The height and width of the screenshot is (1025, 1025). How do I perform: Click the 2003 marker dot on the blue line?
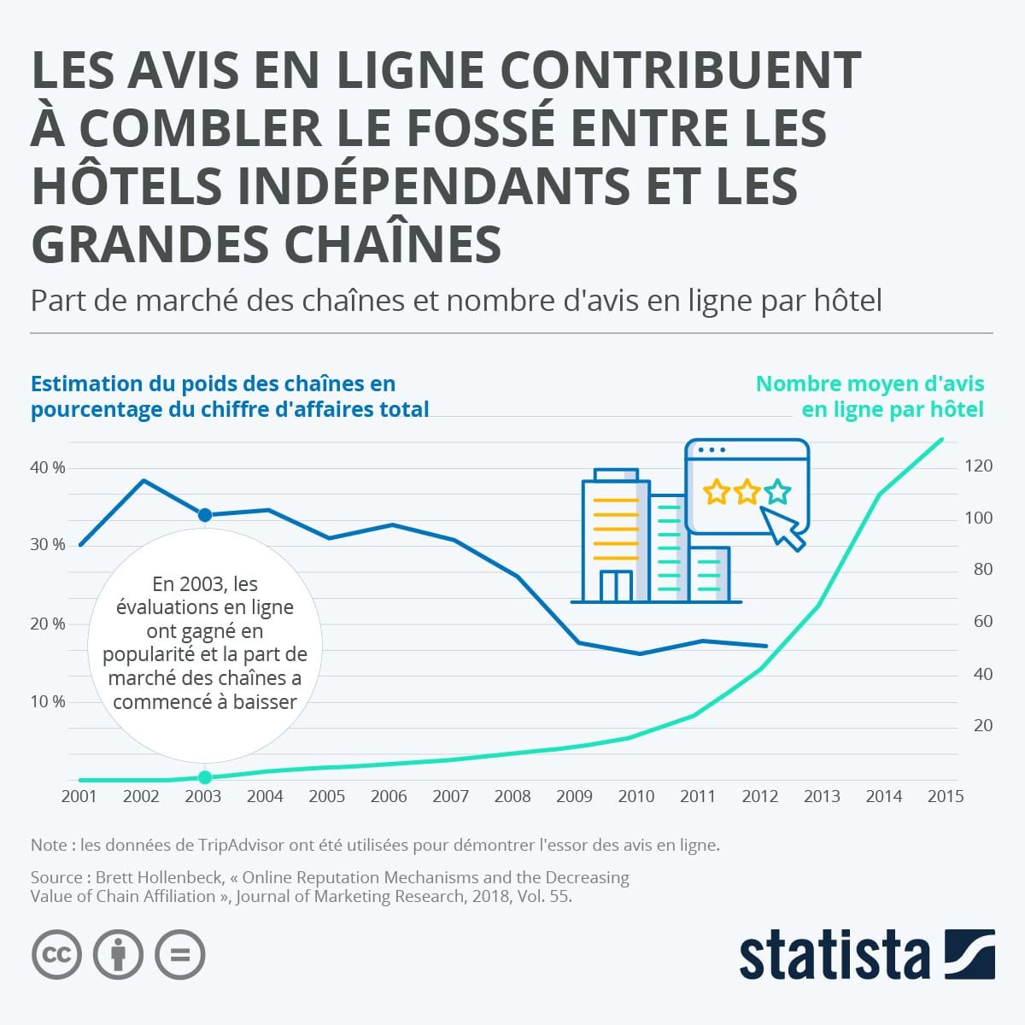tap(204, 515)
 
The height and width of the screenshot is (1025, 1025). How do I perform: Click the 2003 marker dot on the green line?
tap(204, 777)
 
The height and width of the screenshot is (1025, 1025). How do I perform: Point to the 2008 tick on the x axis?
tap(512, 796)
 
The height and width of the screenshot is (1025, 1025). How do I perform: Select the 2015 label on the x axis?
tap(945, 796)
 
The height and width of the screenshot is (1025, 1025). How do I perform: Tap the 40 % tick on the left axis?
tap(48, 468)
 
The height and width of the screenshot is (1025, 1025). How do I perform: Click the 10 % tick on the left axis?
tap(48, 702)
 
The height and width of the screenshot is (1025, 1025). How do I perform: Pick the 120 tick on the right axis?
tap(978, 466)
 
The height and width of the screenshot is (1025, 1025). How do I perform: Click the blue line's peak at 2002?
tap(143, 481)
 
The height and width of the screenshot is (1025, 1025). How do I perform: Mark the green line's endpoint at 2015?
tap(942, 440)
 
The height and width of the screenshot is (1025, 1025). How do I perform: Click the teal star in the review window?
tap(777, 492)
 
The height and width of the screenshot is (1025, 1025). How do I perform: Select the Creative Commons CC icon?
tap(56, 953)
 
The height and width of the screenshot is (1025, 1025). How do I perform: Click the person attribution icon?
tap(118, 953)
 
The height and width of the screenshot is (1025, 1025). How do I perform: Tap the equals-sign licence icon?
tap(180, 953)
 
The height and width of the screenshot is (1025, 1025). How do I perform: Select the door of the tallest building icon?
tap(615, 586)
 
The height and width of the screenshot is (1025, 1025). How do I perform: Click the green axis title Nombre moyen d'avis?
tap(870, 384)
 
